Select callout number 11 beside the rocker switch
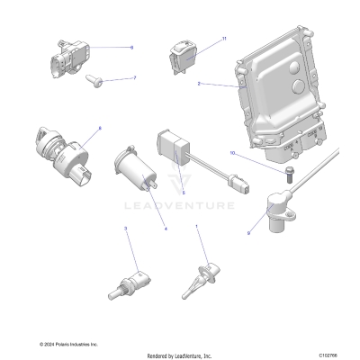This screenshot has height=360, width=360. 224,39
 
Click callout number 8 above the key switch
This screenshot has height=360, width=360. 99,130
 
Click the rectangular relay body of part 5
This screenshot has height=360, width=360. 173,145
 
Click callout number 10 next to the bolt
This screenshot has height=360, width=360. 232,154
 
